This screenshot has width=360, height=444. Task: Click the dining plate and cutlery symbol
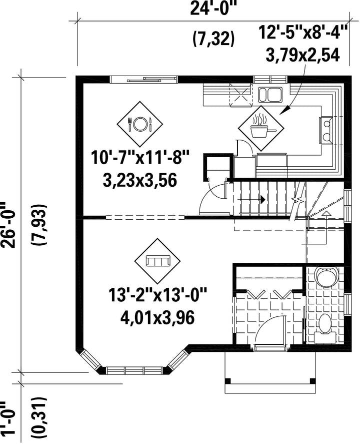140,124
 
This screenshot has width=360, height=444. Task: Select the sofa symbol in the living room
157,261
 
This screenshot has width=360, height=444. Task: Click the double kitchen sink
270,95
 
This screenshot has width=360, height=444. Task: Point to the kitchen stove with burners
326,130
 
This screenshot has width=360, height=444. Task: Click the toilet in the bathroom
324,326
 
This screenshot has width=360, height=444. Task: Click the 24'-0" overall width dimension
213,8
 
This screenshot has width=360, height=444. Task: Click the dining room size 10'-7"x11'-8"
139,158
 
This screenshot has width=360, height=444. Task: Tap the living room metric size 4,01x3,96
157,318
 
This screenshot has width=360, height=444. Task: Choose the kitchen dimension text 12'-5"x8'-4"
303,32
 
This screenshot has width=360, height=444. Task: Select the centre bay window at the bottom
134,370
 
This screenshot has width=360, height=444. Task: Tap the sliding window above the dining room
143,80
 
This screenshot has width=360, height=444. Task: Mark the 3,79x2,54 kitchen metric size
302,55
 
